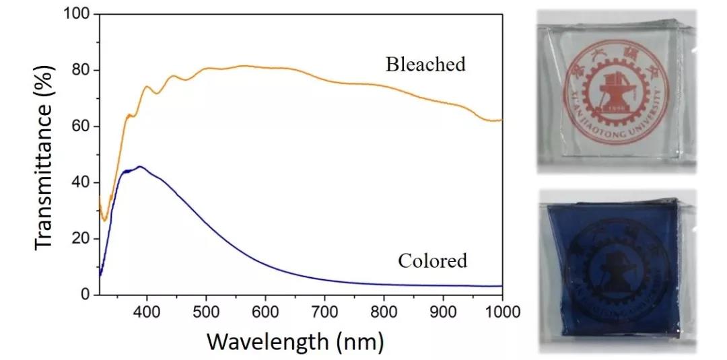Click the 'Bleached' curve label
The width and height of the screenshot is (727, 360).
(x=425, y=65)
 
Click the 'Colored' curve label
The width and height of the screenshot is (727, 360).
(x=432, y=260)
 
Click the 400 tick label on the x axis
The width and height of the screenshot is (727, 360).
(x=146, y=312)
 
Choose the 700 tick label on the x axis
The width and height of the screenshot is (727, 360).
(x=324, y=312)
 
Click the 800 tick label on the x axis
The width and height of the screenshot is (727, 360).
(x=384, y=312)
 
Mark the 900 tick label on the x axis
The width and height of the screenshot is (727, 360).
(x=443, y=312)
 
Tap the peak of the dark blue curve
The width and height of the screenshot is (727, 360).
(x=139, y=166)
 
